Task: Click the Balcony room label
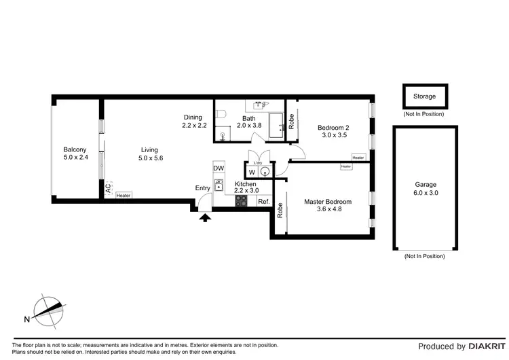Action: [75, 154]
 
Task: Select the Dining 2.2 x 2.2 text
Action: [193, 121]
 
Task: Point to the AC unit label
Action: [107, 188]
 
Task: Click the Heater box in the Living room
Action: [123, 196]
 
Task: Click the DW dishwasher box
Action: [219, 168]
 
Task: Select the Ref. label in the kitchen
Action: [263, 202]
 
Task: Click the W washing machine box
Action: [252, 173]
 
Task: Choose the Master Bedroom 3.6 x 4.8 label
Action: [328, 206]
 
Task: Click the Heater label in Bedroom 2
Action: [358, 158]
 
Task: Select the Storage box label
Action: [424, 96]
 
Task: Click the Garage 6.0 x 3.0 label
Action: [426, 188]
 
